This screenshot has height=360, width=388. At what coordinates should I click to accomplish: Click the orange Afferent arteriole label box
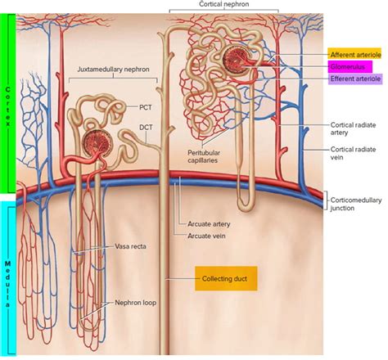(x=357, y=53)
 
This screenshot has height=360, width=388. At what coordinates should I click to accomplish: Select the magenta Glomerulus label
(x=350, y=66)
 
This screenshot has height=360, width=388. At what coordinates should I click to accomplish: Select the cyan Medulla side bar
(x=8, y=278)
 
